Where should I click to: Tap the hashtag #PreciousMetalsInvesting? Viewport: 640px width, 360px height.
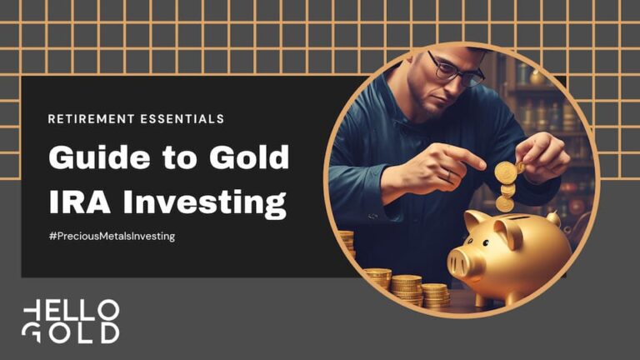[112, 237]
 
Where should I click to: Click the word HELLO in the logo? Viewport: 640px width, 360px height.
[71, 311]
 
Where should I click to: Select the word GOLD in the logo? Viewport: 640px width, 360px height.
[71, 332]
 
